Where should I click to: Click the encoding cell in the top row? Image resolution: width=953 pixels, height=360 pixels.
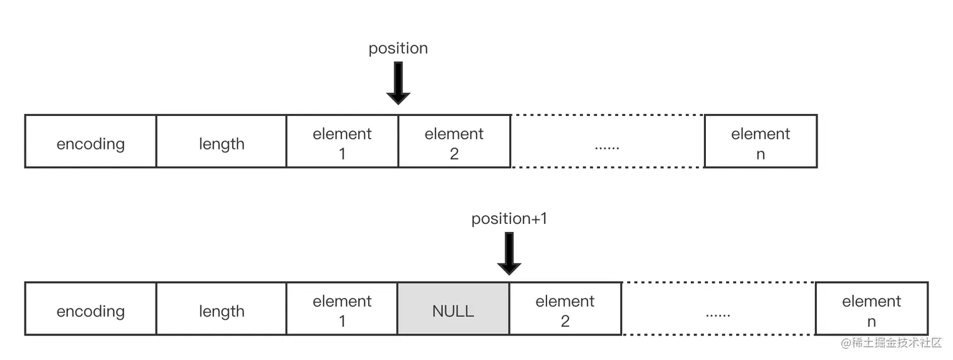point(90,142)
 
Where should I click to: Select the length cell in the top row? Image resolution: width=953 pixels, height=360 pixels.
point(221,142)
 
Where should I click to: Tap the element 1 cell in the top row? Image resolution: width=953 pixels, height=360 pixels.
point(342,142)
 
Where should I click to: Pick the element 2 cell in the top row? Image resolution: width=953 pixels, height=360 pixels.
point(454,142)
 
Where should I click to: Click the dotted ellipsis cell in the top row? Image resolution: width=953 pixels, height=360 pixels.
point(607,142)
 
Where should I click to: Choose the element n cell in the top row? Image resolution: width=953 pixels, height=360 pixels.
point(760,142)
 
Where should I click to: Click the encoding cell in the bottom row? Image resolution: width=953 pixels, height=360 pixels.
point(90,309)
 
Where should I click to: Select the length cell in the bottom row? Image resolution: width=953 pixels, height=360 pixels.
point(221,309)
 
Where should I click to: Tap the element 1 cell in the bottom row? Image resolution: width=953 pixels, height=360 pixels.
point(342,309)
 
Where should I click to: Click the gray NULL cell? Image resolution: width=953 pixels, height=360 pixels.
point(453,309)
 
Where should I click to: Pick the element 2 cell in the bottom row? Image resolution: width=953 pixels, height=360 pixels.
point(565,309)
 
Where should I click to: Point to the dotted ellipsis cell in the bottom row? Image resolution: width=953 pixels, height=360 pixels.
point(718,309)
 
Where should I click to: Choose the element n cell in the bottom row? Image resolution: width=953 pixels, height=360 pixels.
point(871,309)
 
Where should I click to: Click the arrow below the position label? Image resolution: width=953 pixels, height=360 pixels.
point(398,83)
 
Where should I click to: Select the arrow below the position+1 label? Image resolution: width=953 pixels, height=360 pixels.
point(509,253)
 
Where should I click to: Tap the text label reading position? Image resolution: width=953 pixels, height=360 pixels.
point(398,49)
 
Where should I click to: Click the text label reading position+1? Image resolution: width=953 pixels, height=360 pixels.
point(509,219)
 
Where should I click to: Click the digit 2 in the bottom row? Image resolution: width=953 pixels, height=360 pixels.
point(565,321)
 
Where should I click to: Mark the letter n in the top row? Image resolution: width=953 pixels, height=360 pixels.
point(760,154)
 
